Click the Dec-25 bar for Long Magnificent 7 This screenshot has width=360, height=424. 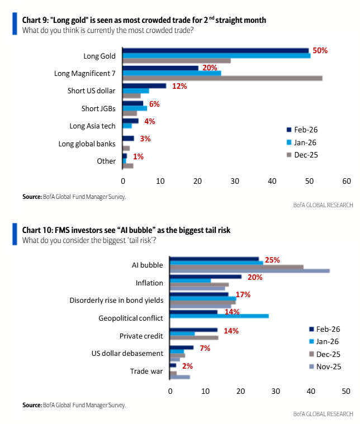click(x=222, y=78)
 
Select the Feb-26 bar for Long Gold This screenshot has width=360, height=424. click(x=216, y=50)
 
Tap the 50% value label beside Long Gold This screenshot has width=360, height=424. click(x=320, y=50)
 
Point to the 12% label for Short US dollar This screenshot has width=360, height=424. click(x=179, y=86)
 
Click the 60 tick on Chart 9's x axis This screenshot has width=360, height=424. click(x=347, y=181)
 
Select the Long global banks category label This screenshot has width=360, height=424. click(x=87, y=144)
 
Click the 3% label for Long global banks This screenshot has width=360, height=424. click(x=145, y=139)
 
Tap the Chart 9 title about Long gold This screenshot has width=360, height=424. click(x=144, y=20)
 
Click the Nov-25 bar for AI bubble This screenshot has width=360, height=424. click(x=249, y=271)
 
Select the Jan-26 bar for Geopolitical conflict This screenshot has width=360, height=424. click(x=219, y=316)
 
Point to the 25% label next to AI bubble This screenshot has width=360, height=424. click(x=272, y=260)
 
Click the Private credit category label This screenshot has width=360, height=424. click(x=141, y=336)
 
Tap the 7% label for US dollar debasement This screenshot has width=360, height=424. click(x=204, y=349)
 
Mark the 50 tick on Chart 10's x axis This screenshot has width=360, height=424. click(x=346, y=391)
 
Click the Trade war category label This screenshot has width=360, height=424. click(x=146, y=371)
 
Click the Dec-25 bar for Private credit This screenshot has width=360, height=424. click(x=194, y=338)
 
